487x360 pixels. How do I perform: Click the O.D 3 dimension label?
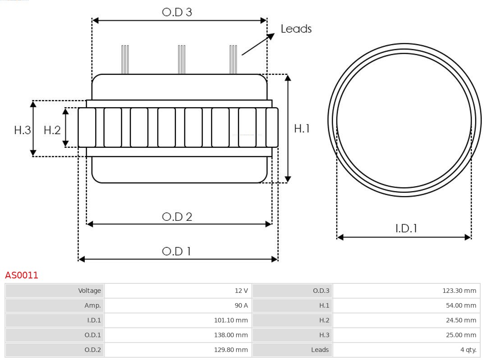(177, 12)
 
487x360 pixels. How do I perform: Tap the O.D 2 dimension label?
(177, 217)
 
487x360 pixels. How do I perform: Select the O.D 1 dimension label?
(176, 251)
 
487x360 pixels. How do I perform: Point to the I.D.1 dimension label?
(406, 228)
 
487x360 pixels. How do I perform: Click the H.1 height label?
(302, 128)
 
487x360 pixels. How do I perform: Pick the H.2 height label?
(52, 130)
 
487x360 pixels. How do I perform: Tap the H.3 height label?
(22, 130)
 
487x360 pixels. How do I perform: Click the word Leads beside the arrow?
(296, 29)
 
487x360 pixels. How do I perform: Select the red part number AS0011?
(22, 275)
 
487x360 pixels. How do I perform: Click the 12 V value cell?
(178, 291)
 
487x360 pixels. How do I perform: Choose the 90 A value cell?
(178, 305)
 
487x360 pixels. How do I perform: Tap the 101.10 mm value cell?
(178, 320)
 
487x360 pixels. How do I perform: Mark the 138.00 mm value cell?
(178, 335)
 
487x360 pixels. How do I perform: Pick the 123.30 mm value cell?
(406, 291)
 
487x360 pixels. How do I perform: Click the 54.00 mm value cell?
(406, 305)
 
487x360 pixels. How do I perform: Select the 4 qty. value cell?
(406, 350)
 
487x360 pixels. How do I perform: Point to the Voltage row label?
(55, 291)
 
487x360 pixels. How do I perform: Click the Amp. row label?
(55, 305)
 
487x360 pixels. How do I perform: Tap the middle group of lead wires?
(181, 59)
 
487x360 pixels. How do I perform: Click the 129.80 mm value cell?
(178, 350)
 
